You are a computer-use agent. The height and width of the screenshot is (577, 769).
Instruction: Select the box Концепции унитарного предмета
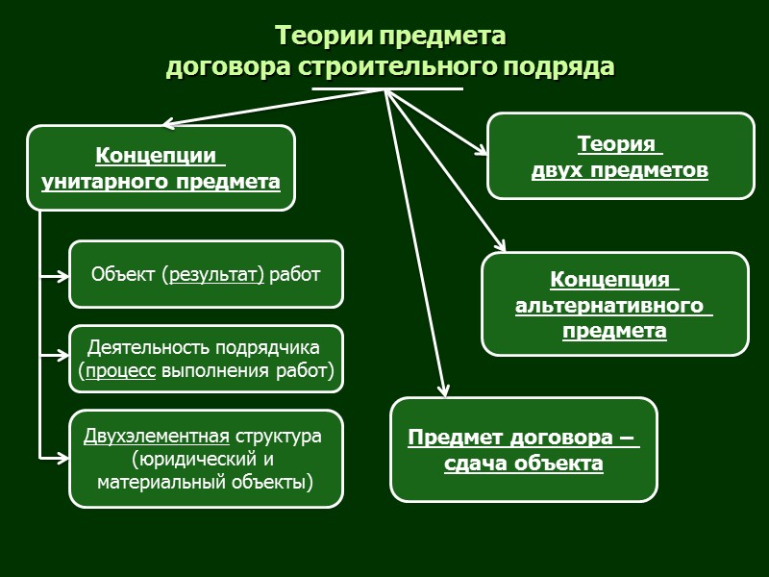point(161,167)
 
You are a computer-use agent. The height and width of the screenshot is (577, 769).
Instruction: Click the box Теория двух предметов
point(621,157)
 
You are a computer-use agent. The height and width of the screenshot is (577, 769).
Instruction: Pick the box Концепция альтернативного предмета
point(614,305)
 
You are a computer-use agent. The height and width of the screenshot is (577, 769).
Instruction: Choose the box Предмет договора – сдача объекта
point(523,450)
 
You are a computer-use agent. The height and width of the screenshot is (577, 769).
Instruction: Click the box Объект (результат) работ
point(206,274)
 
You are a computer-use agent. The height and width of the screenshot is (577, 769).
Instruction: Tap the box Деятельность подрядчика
point(206,359)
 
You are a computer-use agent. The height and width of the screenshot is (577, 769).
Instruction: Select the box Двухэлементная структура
point(206,459)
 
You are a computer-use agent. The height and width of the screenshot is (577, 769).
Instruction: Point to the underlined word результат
point(215,275)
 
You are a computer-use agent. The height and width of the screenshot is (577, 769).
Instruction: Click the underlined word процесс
point(120,370)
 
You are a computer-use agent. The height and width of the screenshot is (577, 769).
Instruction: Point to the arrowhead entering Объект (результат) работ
point(63,276)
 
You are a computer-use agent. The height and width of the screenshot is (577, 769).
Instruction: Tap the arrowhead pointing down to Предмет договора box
point(443,390)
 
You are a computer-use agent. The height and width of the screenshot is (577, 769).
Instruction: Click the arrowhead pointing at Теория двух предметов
point(483,151)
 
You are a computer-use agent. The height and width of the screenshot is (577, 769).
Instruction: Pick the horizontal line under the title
point(387,89)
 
